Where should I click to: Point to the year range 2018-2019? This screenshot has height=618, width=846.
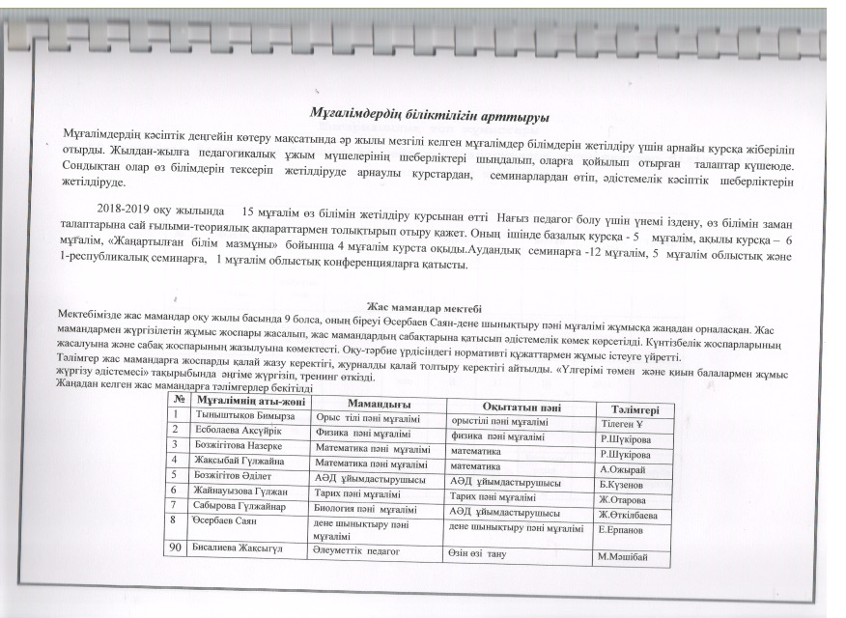coord(130,210)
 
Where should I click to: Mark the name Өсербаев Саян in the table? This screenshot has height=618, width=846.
coord(227,520)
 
